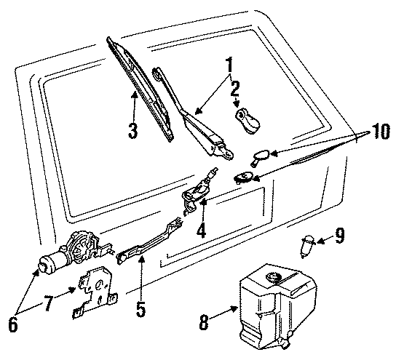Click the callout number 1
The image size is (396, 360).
pos(230,66)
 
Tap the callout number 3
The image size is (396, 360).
pos(132,132)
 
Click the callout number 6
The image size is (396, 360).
pos(12,326)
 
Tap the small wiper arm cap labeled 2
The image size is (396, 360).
pos(247,123)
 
